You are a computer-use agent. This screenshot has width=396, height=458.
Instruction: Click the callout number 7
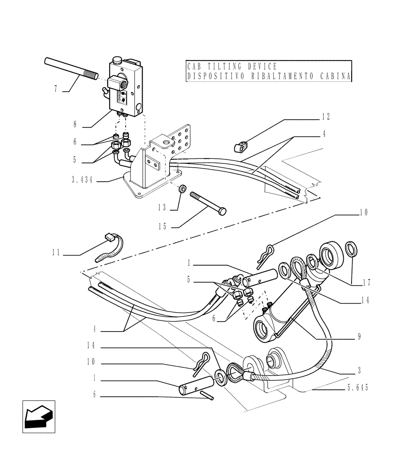click(x=56, y=89)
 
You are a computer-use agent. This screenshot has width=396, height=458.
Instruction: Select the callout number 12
click(x=325, y=117)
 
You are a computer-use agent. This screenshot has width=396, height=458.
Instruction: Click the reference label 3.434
click(x=83, y=180)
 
